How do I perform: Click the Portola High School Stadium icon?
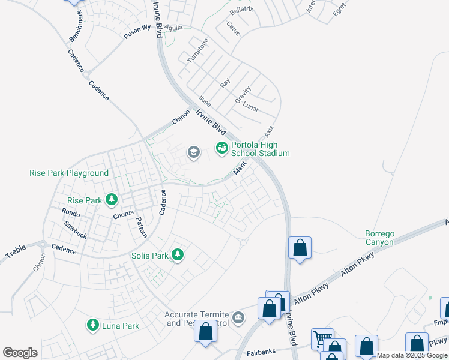222,147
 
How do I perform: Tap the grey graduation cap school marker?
193,152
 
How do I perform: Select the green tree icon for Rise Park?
111,199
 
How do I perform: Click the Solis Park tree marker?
177,255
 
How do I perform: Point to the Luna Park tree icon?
93,325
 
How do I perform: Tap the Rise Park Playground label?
69,173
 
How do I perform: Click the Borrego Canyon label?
379,238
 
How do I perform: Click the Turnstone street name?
197,50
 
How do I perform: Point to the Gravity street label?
243,95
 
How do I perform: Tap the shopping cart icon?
323,339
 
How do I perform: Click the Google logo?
20,352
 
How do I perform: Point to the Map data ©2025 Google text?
411,356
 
